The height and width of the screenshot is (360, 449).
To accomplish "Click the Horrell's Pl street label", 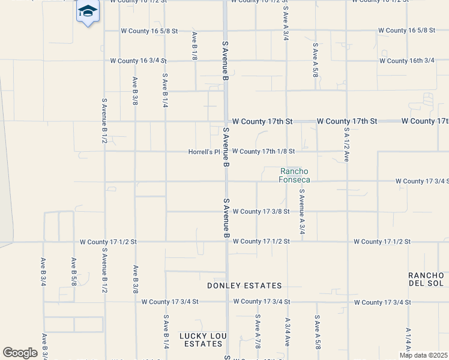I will pos(205,152).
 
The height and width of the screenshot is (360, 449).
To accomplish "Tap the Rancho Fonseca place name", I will pos(295,175).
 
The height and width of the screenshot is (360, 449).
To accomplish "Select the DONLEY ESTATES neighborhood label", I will pos(244,286).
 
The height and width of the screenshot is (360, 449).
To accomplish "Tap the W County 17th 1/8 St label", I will pos(264,152).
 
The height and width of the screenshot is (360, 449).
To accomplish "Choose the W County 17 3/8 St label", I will pos(261,211).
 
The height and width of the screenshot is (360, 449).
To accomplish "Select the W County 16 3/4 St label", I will pos(138,61).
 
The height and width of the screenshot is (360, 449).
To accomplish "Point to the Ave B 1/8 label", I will pos(194,46).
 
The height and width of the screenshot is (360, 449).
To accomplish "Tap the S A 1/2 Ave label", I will pos(347,145).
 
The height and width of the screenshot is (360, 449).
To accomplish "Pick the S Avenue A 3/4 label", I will pos(302,212).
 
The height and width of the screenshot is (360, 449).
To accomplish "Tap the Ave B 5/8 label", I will pos(74,272).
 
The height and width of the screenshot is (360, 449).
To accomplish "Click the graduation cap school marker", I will pos(88,11).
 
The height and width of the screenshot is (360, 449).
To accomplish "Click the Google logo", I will pos(20,353).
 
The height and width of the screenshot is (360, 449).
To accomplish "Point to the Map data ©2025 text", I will pos(423,355).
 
